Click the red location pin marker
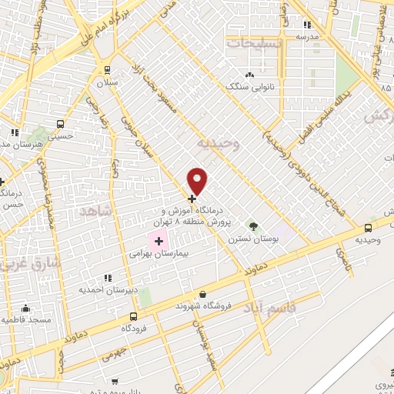click(x=199, y=181)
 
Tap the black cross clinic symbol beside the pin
click(x=192, y=199)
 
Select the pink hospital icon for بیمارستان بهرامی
click(x=160, y=242)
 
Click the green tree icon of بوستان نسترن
click(x=252, y=226)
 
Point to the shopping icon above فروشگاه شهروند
click(x=202, y=294)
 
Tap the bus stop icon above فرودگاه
click(x=133, y=316)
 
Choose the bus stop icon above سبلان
click(x=105, y=68)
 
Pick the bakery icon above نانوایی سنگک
click(x=249, y=75)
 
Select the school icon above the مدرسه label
click(x=307, y=23)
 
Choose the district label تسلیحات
click(x=254, y=43)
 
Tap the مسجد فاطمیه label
click(x=25, y=319)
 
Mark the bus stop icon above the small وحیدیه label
click(x=369, y=228)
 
